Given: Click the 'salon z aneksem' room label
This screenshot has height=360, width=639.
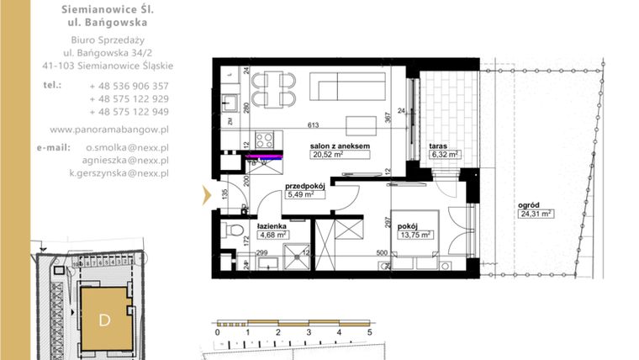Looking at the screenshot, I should (341, 146).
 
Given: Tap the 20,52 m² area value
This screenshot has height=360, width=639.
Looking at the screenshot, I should (329, 155).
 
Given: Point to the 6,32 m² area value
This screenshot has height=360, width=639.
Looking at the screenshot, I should (444, 155).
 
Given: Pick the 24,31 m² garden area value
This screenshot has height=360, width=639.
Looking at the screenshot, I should (536, 214).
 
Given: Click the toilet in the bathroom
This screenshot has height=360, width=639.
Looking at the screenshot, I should (228, 230).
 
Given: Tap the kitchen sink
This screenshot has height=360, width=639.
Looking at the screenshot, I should (228, 104).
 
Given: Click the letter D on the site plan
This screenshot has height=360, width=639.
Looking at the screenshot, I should (104, 320).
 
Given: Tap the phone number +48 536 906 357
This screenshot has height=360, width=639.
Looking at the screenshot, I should (129, 86).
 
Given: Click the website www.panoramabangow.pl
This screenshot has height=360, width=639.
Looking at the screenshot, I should (110, 130).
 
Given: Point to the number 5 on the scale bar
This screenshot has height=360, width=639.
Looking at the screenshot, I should (370, 333).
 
